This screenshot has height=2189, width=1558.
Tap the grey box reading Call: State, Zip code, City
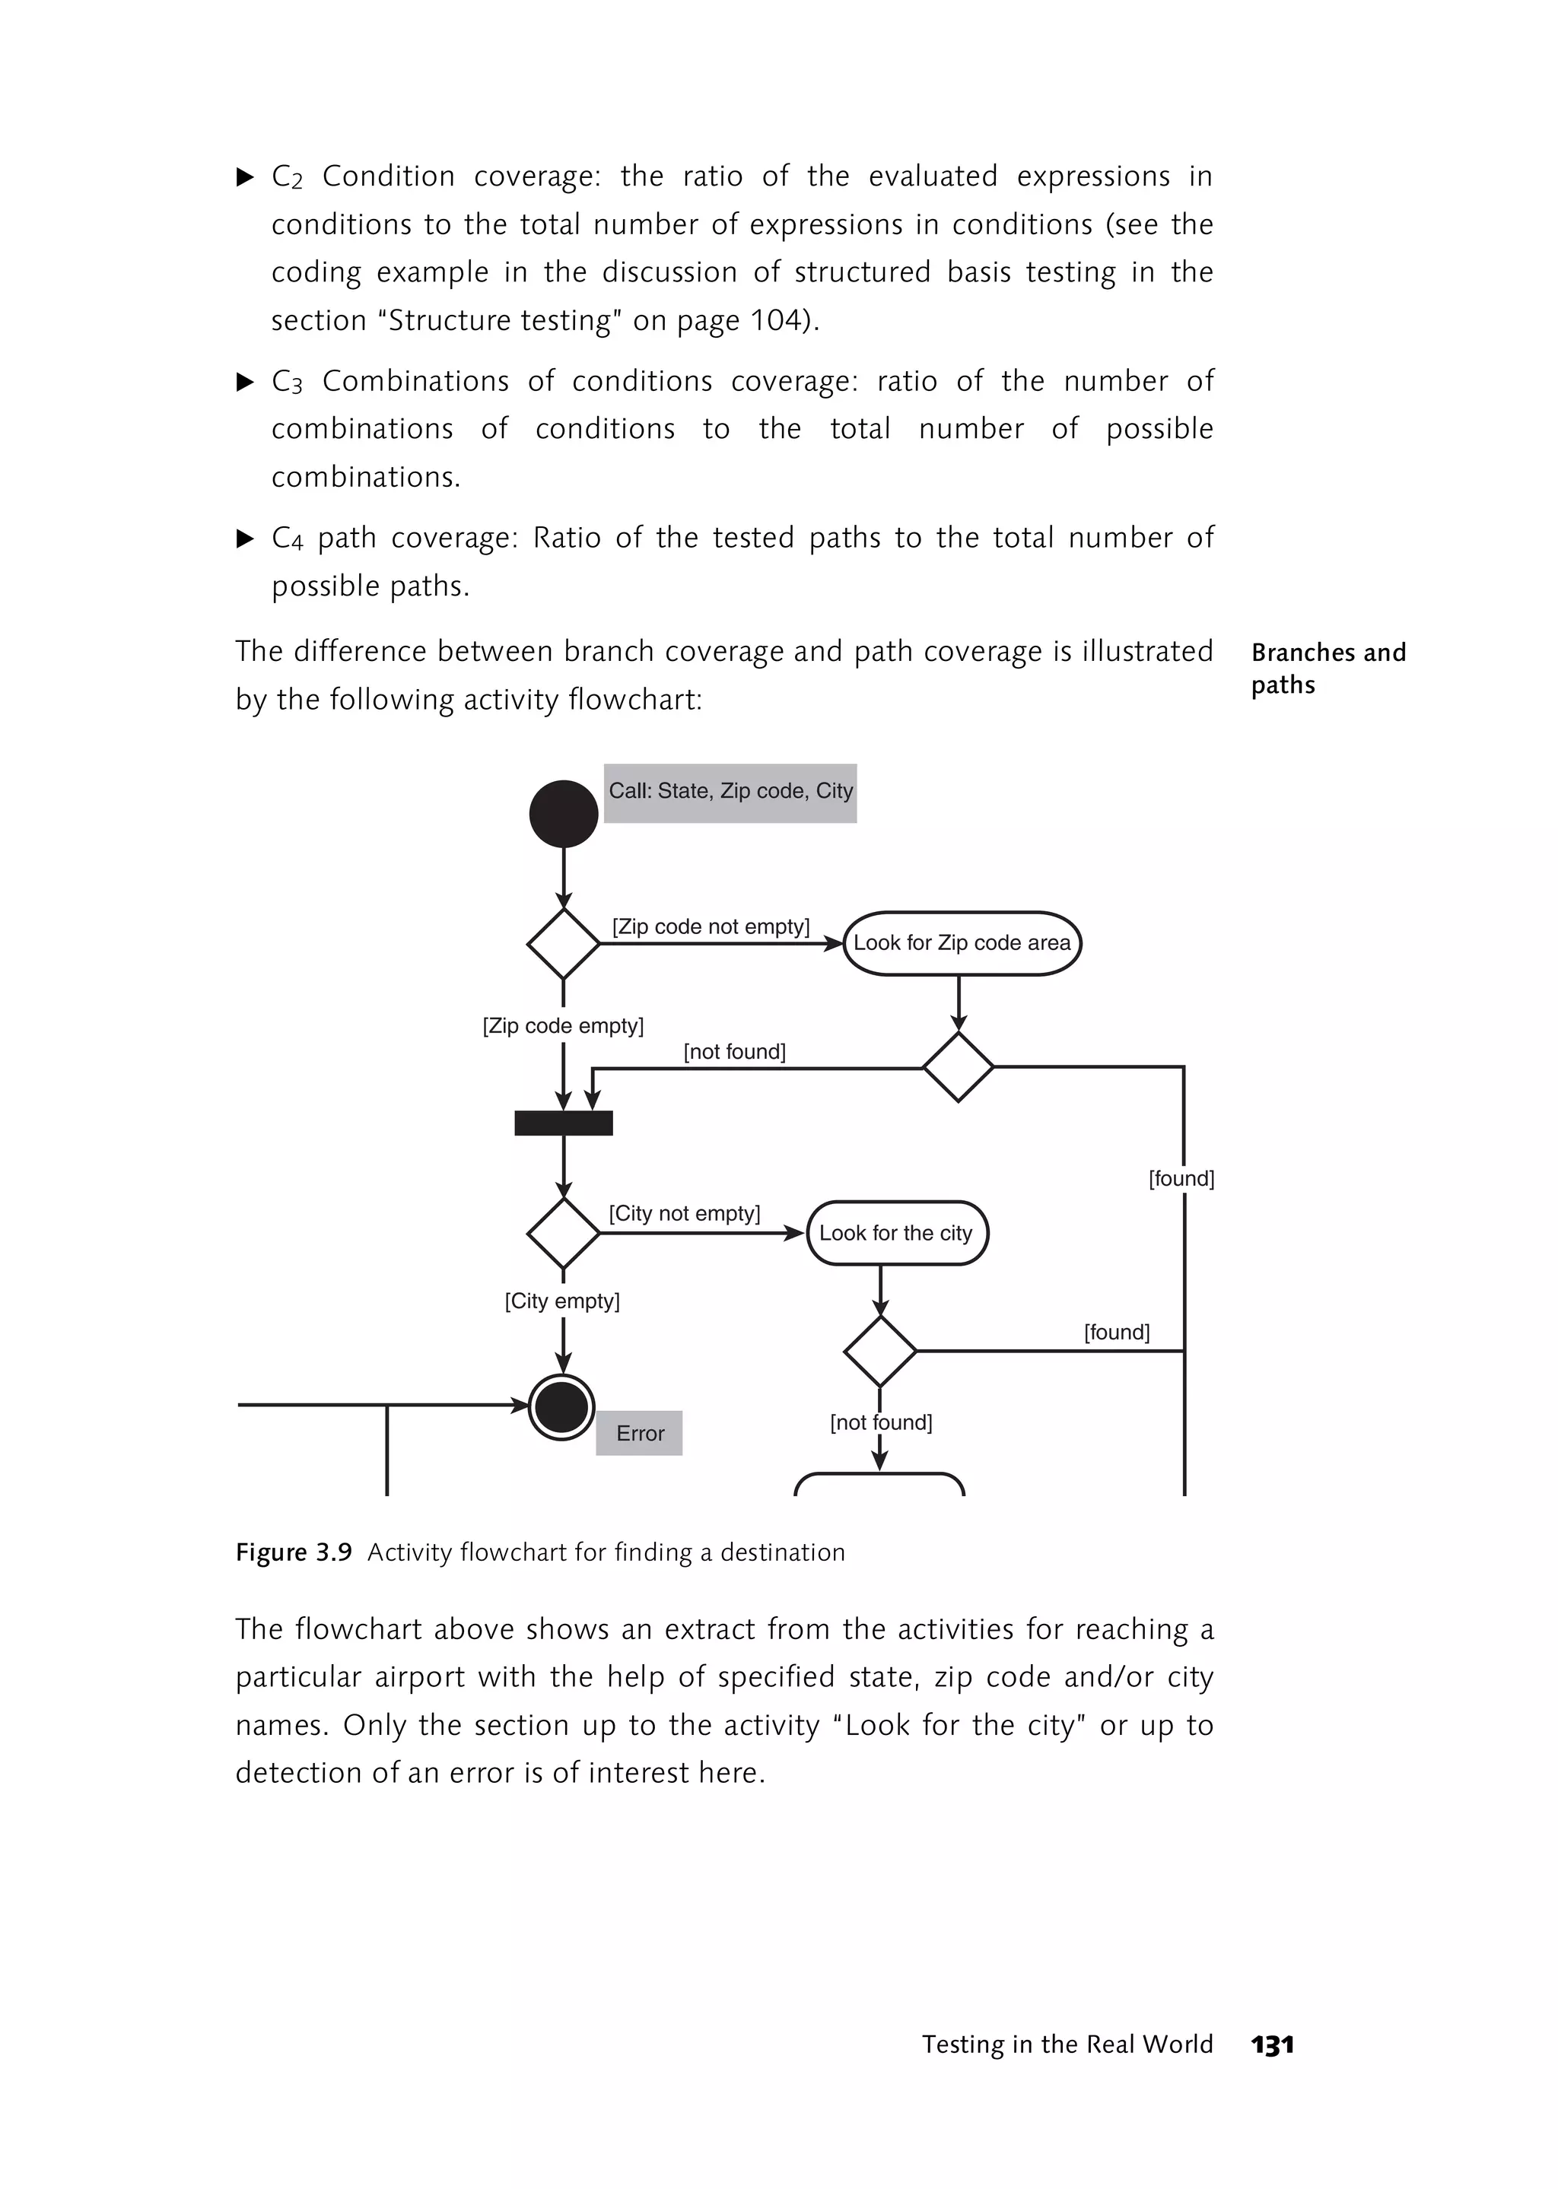coord(730,793)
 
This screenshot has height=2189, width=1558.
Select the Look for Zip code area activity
coord(962,943)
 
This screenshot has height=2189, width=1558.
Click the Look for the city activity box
coord(896,1233)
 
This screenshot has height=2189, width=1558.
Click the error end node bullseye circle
coord(562,1407)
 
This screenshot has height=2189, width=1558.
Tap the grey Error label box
coord(639,1433)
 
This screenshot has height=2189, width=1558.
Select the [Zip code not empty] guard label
coord(711,926)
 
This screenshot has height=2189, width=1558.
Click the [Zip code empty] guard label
coord(563,1025)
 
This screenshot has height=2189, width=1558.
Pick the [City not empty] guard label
coord(684,1213)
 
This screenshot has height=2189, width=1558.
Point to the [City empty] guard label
coord(562,1301)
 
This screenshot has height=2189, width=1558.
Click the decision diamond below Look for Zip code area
coord(958,1066)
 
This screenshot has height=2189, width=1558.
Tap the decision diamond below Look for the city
coord(879,1351)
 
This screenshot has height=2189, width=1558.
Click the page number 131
coord(1272,2044)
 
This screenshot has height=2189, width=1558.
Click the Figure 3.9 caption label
coord(294,1552)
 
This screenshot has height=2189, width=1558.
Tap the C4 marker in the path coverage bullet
coord(287,539)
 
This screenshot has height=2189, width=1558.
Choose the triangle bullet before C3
coord(246,383)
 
